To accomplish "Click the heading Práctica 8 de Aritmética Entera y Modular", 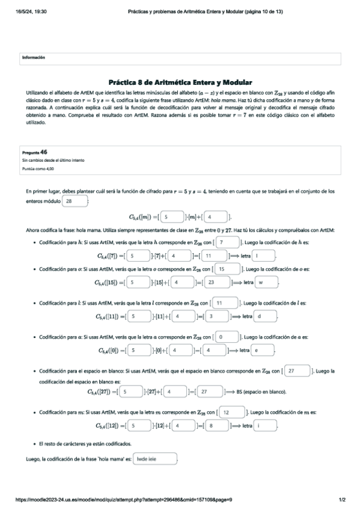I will pyautogui.click(x=180, y=82).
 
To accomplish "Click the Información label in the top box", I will pyautogui.click(x=34, y=57).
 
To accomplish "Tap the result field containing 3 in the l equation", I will pyautogui.click(x=216, y=316).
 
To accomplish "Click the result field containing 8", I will pyautogui.click(x=216, y=426).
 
